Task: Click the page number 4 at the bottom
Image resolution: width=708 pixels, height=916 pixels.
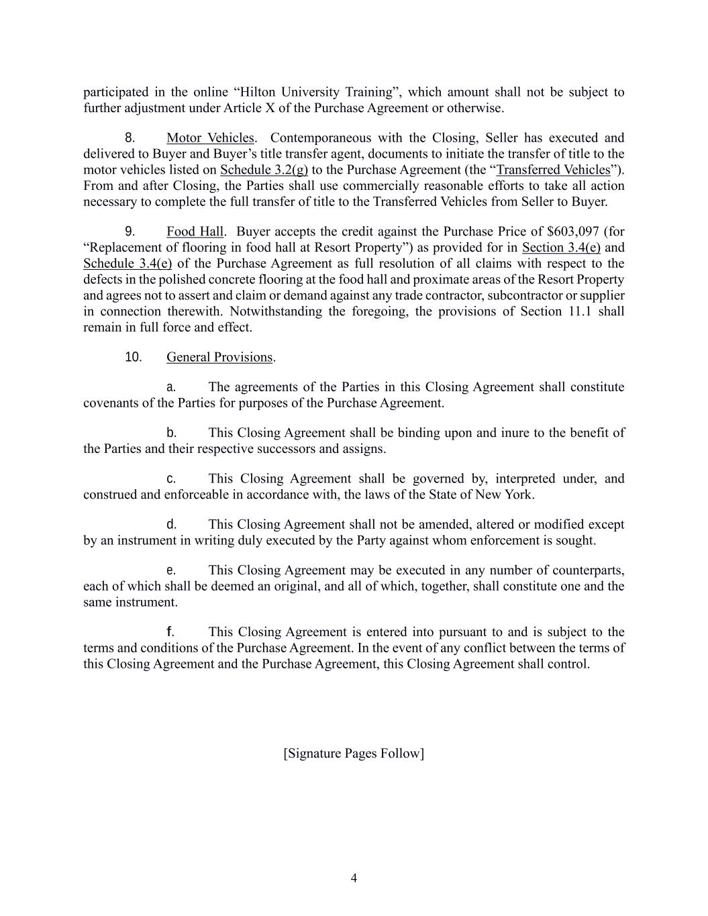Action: click(x=354, y=878)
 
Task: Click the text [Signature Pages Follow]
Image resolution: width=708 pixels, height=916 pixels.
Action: click(x=354, y=753)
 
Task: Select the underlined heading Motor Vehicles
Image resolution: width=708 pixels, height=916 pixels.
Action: click(x=210, y=138)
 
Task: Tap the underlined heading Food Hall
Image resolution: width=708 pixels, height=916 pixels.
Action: click(x=195, y=232)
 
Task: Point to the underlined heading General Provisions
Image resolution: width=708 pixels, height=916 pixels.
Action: click(x=219, y=357)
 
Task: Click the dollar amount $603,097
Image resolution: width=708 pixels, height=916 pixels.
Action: click(x=572, y=232)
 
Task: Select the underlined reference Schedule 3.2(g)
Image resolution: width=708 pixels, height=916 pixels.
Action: click(x=264, y=170)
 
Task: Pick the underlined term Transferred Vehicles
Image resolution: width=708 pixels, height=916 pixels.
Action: click(x=553, y=170)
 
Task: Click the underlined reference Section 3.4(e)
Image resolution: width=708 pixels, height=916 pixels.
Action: click(x=561, y=248)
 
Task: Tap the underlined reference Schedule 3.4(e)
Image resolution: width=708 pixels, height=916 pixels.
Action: click(x=128, y=264)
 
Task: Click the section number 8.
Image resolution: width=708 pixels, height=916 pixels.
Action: click(x=130, y=138)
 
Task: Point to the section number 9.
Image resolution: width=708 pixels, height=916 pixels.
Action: click(x=130, y=232)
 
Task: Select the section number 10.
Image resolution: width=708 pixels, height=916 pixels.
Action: click(x=134, y=357)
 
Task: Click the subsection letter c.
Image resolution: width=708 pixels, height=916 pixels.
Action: click(x=171, y=478)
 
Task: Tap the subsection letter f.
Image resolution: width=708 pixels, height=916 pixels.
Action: click(x=170, y=631)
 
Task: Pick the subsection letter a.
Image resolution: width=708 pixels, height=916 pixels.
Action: click(x=171, y=387)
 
